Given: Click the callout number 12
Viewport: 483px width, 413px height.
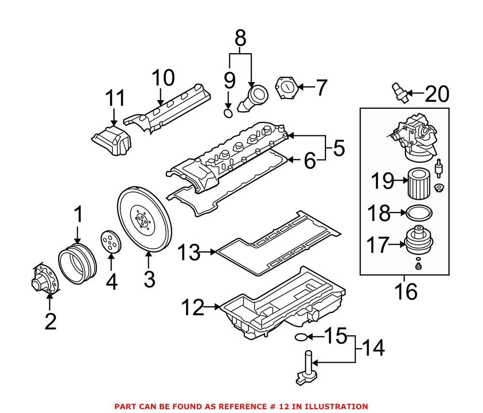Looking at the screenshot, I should coord(193,308).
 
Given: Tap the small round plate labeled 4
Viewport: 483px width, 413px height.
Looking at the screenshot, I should coord(111,242).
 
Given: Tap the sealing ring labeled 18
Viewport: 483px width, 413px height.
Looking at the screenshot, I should coord(418,212).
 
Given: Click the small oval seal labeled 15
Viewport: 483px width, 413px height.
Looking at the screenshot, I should coord(300,337).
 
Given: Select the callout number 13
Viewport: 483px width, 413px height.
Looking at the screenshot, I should coord(189,252).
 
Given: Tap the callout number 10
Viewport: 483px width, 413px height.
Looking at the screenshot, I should coord(162,77).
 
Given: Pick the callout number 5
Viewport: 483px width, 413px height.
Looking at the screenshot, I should coord(339,148).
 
